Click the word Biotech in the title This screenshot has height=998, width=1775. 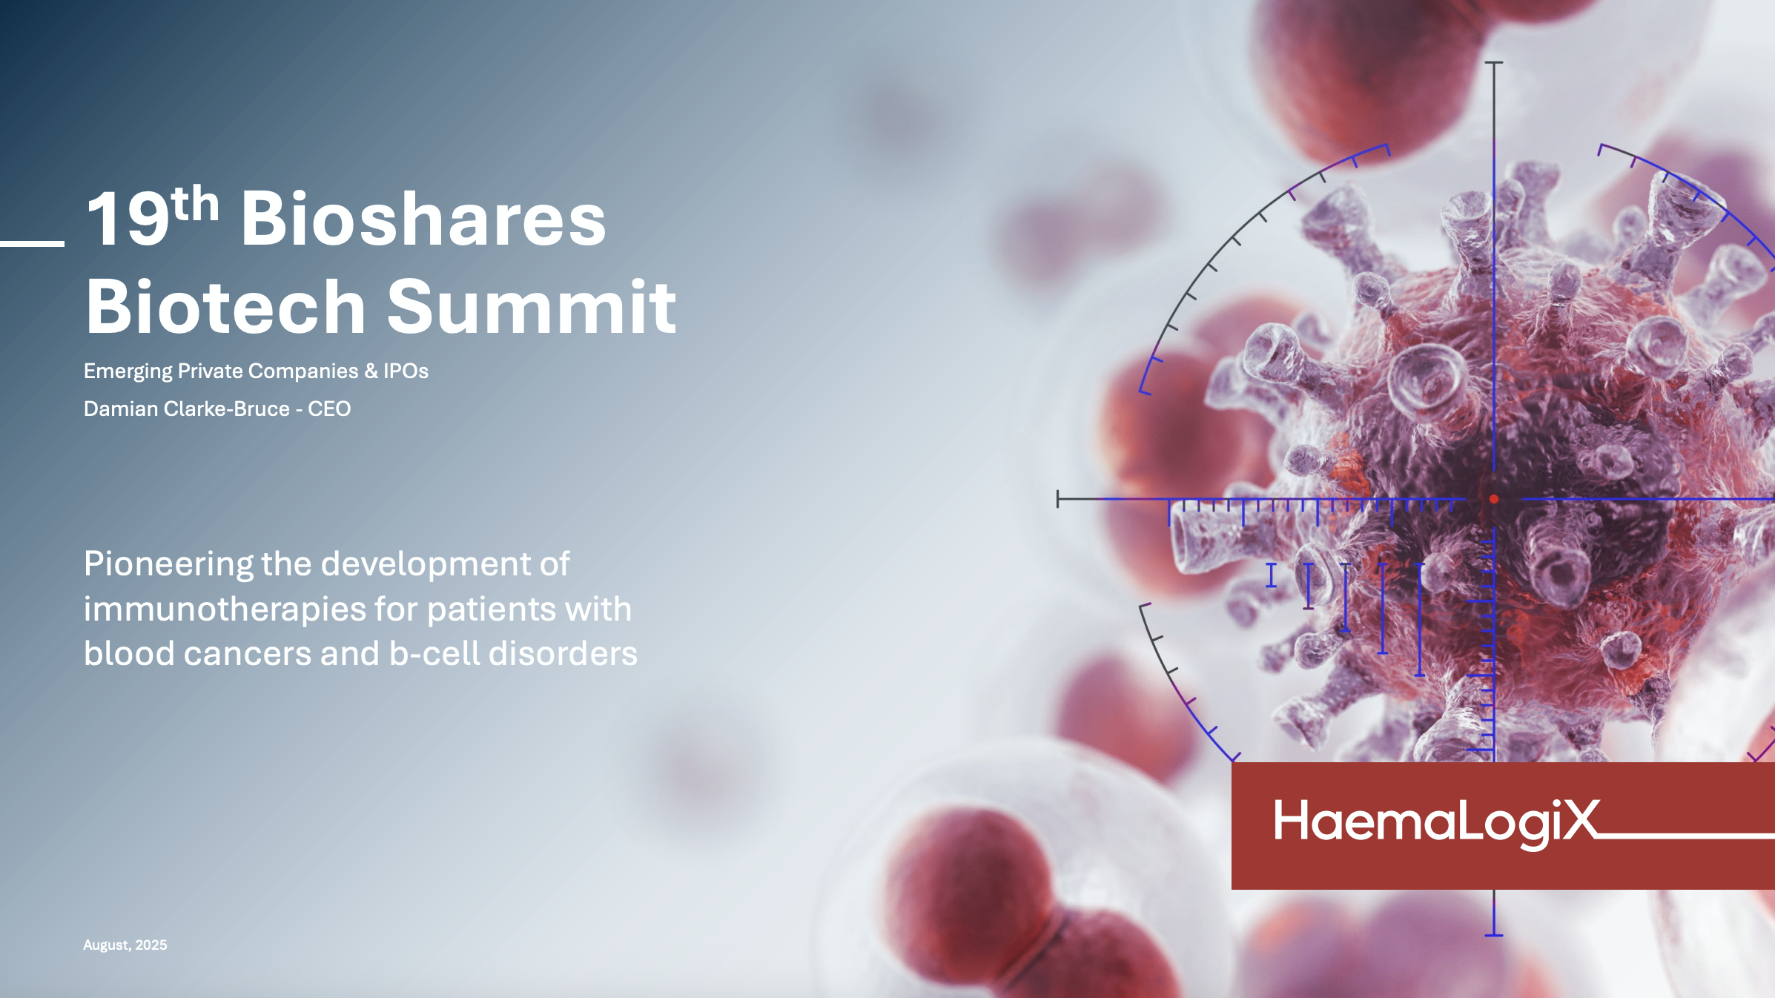tap(225, 307)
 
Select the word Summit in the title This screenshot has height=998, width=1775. tap(531, 307)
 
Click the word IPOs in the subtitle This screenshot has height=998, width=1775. tap(406, 371)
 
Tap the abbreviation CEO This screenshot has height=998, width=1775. tap(329, 409)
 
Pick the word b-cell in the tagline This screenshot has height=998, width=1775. tap(434, 654)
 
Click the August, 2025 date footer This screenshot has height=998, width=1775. tap(125, 945)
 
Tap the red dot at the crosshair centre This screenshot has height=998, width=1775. tap(1494, 499)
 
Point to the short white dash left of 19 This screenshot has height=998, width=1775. tap(32, 243)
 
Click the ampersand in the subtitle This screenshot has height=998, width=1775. tap(371, 371)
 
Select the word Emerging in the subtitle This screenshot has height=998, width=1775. tap(128, 371)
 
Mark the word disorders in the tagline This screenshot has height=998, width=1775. tap(563, 654)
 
